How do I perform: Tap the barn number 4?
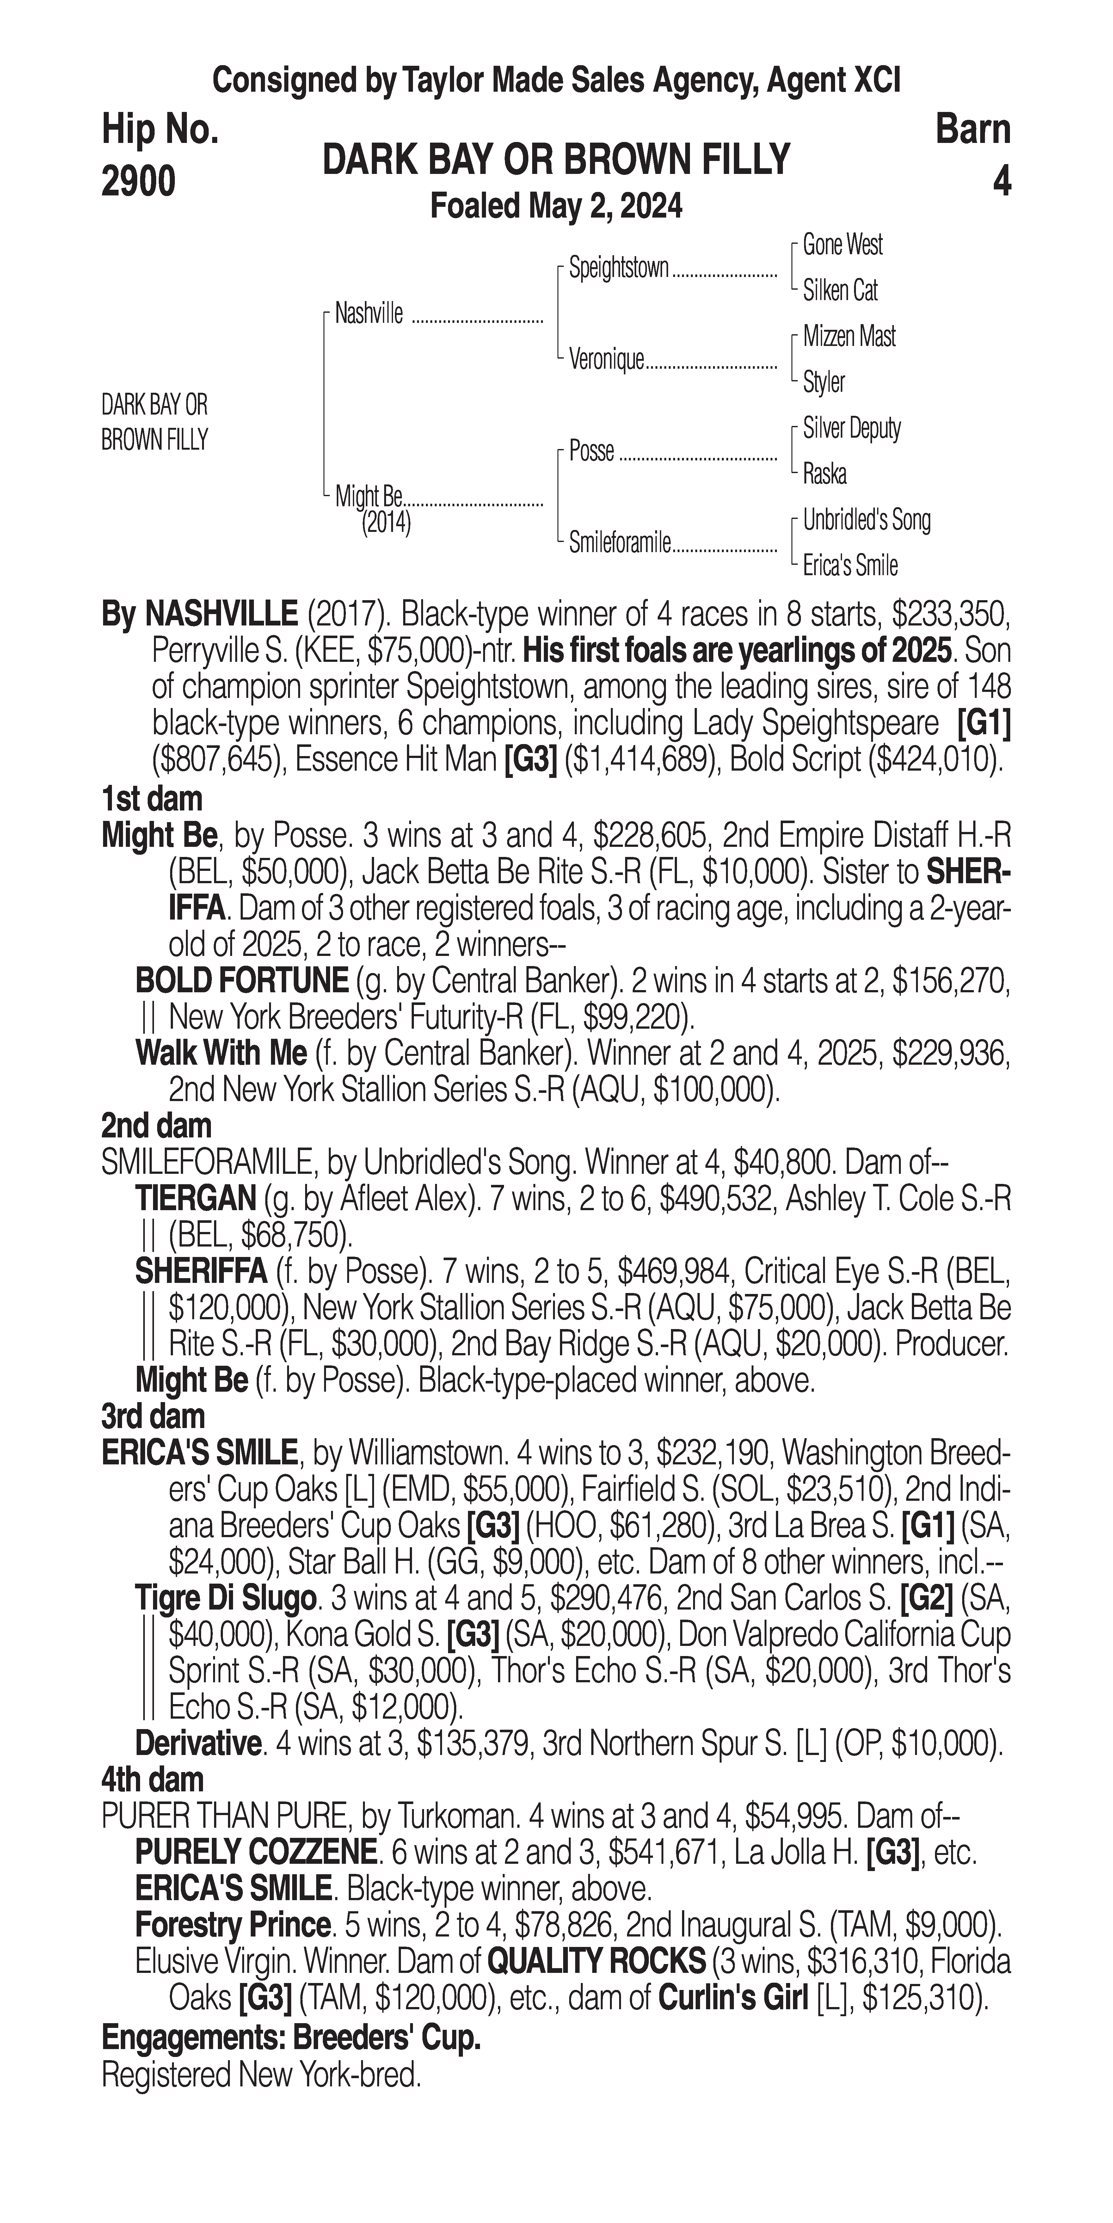(1001, 182)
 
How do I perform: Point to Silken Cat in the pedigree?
(839, 291)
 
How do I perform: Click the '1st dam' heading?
(152, 799)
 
